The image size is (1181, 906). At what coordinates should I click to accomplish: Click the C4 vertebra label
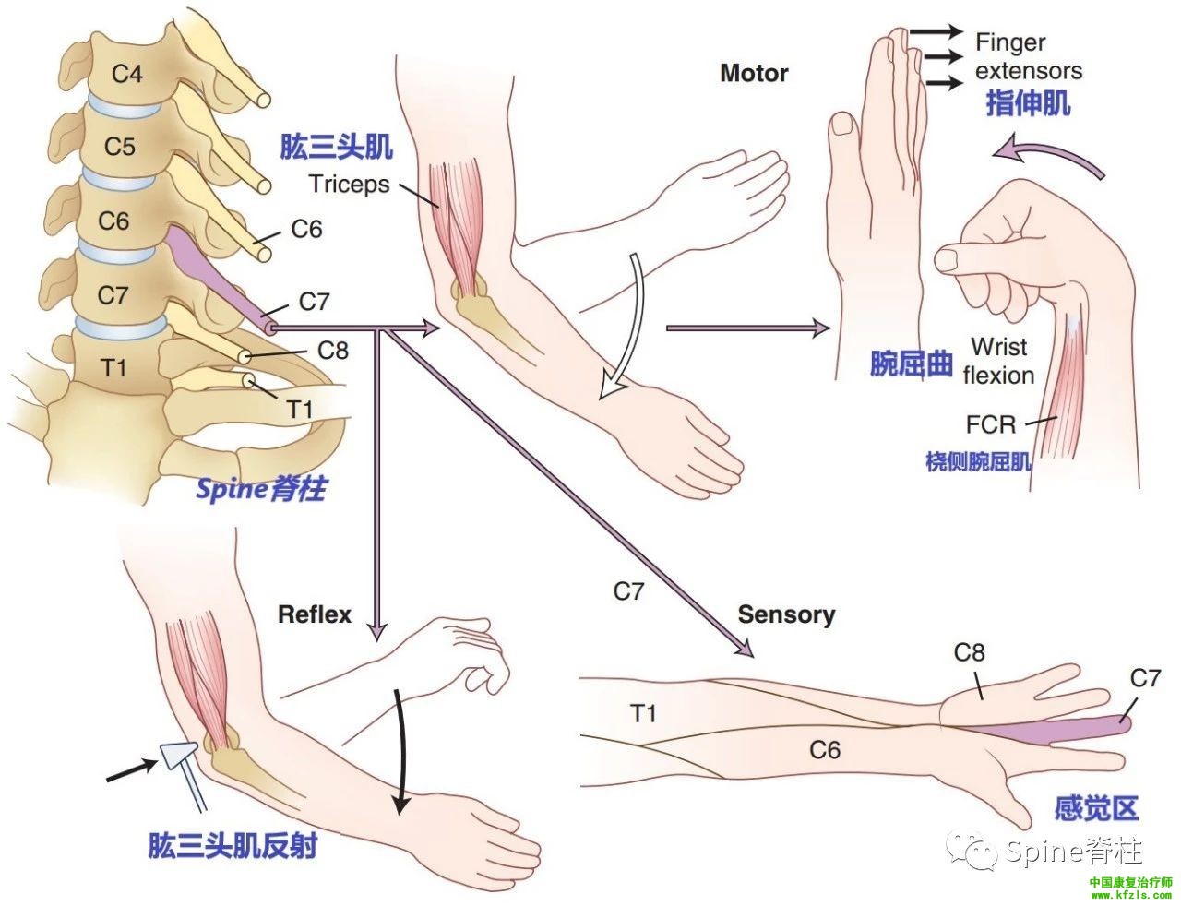pyautogui.click(x=127, y=73)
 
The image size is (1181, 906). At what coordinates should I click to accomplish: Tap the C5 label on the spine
pyautogui.click(x=119, y=146)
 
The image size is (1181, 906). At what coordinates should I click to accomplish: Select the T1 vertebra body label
pyautogui.click(x=113, y=368)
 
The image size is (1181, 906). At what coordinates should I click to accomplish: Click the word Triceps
pyautogui.click(x=349, y=184)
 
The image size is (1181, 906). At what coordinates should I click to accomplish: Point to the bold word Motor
pyautogui.click(x=754, y=74)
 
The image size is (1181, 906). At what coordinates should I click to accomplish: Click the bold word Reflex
pyautogui.click(x=315, y=614)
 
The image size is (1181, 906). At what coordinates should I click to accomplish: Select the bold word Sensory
pyautogui.click(x=786, y=614)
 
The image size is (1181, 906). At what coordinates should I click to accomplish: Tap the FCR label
pyautogui.click(x=991, y=424)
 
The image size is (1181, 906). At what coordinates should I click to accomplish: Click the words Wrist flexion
pyautogui.click(x=998, y=361)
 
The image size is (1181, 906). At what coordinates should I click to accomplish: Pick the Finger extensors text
pyautogui.click(x=1028, y=56)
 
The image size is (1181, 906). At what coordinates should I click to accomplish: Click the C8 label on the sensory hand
pyautogui.click(x=969, y=653)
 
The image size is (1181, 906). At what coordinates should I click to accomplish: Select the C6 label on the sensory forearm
pyautogui.click(x=825, y=749)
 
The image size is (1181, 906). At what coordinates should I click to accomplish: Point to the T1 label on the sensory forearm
pyautogui.click(x=643, y=712)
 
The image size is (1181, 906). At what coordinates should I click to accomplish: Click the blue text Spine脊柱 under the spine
pyautogui.click(x=260, y=488)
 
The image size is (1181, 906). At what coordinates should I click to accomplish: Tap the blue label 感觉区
pyautogui.click(x=1095, y=808)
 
